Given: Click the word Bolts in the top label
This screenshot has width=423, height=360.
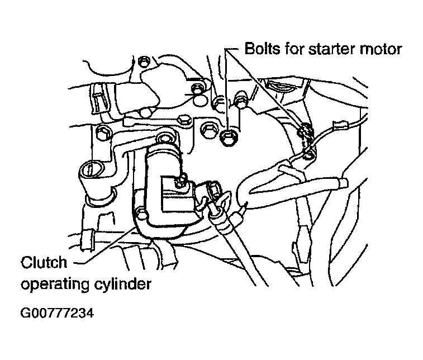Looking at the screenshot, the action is pyautogui.click(x=262, y=49).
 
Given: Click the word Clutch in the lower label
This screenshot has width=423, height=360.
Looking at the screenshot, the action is pyautogui.click(x=44, y=262).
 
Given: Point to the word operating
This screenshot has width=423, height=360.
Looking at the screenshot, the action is pyautogui.click(x=55, y=285).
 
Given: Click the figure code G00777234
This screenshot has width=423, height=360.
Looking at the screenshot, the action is pyautogui.click(x=57, y=313).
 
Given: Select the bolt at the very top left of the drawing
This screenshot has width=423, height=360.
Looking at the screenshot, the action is pyautogui.click(x=143, y=62).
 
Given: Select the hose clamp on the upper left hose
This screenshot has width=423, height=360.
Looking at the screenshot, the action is pyautogui.click(x=98, y=98).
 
